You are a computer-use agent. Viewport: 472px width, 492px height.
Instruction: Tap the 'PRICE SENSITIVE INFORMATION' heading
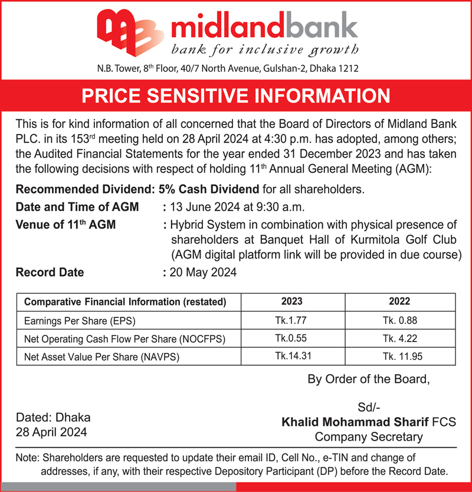[x=236, y=96]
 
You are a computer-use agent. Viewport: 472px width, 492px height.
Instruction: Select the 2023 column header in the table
[x=291, y=301]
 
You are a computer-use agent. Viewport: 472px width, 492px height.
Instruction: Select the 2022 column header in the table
[x=399, y=301]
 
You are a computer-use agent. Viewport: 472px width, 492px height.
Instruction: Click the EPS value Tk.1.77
[x=291, y=322]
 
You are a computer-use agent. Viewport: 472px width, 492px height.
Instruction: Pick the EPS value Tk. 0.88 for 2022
[x=399, y=322]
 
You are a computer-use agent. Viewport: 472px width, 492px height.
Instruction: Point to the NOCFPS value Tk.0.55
[x=291, y=339]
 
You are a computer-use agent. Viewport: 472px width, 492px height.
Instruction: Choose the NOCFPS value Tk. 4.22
[x=399, y=339]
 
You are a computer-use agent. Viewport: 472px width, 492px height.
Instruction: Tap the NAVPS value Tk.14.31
[x=291, y=356]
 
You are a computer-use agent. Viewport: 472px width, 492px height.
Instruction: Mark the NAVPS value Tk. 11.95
[x=399, y=356]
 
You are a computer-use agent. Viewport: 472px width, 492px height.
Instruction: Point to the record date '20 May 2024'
[x=203, y=273]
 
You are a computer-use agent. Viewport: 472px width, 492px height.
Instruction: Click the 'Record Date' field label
[x=50, y=273]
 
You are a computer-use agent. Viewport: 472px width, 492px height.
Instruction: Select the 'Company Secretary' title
[x=369, y=437]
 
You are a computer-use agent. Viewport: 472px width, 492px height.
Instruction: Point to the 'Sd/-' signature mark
[x=369, y=408]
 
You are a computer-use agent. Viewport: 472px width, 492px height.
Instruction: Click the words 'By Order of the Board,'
[x=369, y=379]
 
